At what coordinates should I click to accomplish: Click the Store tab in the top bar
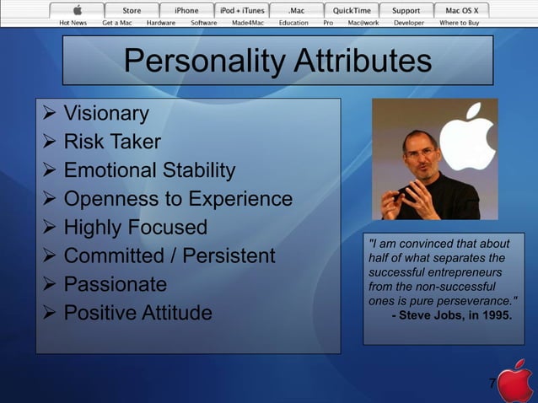coord(132,10)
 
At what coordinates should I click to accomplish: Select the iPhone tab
coord(186,10)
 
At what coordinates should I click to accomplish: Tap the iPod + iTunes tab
coord(242,10)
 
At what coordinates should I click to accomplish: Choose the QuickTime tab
coord(351,10)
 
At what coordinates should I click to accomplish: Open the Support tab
coord(406,10)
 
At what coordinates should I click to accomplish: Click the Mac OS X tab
coord(461,10)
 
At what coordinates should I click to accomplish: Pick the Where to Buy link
coord(460,23)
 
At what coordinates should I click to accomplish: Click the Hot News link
coord(73,23)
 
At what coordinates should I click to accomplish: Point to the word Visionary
coord(106,113)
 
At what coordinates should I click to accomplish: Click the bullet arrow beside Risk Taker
coord(49,142)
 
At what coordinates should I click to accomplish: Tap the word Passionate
coord(116,284)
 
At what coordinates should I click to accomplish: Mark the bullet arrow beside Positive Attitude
coord(49,313)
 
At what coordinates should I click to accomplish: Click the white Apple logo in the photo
coord(468,135)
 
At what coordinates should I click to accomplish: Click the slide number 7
coord(492,384)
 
